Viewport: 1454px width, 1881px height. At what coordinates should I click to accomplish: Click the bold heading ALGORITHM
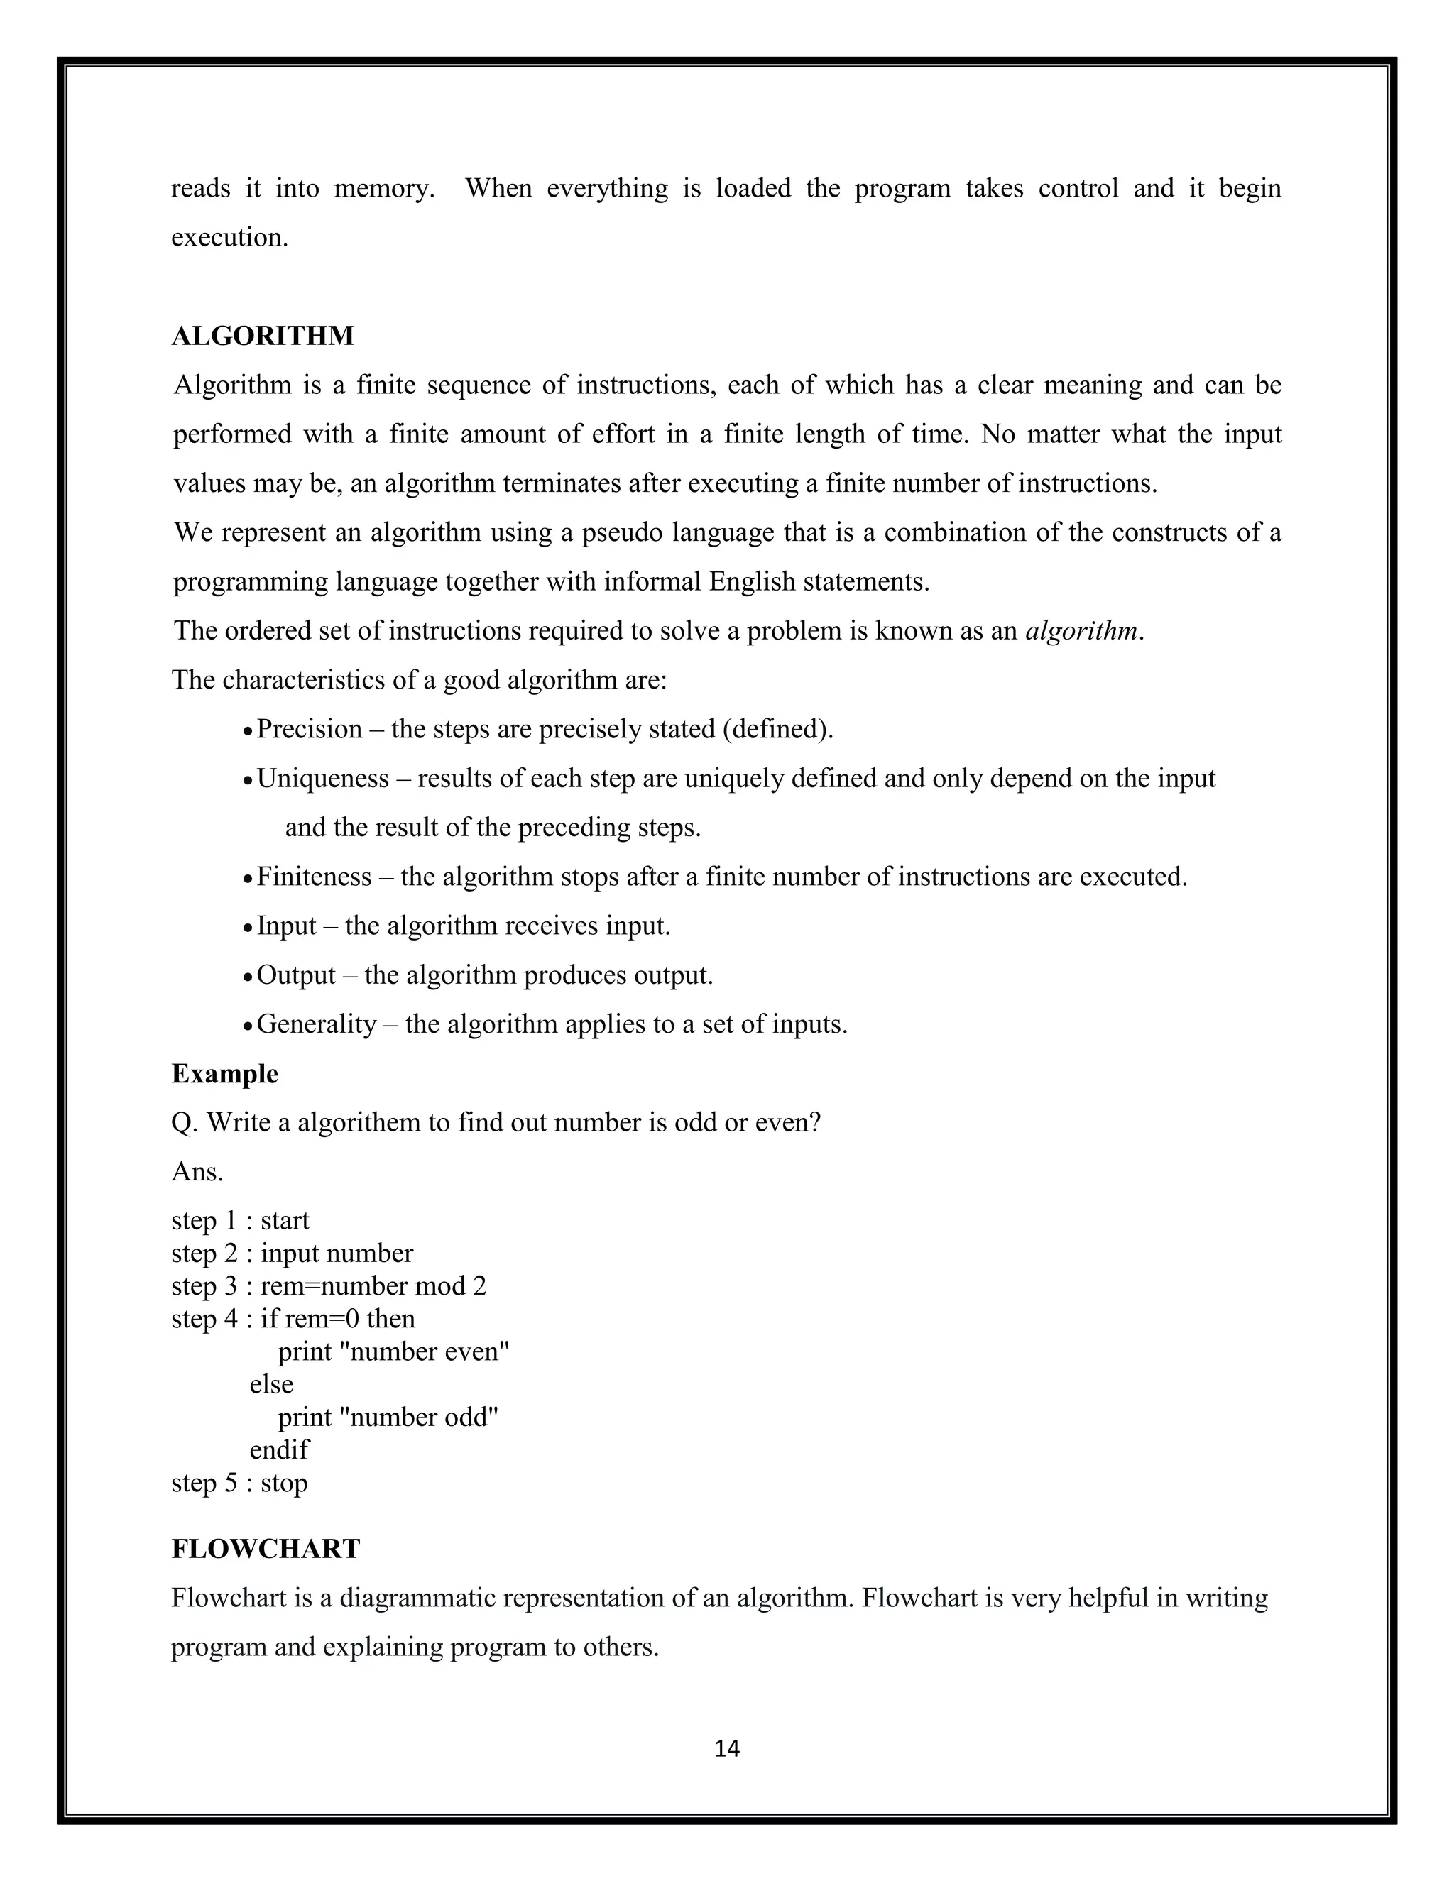pyautogui.click(x=263, y=335)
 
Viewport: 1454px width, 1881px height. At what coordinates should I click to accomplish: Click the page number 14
pyautogui.click(x=727, y=1748)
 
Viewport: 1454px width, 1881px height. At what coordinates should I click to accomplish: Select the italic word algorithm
pyautogui.click(x=1081, y=630)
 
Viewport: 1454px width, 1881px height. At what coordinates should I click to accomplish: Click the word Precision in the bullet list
pyautogui.click(x=310, y=729)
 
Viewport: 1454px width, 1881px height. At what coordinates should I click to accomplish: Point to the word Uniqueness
pyautogui.click(x=323, y=778)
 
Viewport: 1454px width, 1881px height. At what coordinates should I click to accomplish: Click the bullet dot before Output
pyautogui.click(x=247, y=977)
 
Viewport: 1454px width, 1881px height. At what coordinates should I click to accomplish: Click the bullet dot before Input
pyautogui.click(x=247, y=928)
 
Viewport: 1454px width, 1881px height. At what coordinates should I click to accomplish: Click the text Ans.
pyautogui.click(x=197, y=1171)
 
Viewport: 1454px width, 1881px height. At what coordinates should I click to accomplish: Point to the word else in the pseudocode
pyautogui.click(x=271, y=1384)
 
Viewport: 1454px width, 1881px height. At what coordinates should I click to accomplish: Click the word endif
pyautogui.click(x=278, y=1449)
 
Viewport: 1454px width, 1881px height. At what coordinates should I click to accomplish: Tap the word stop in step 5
pyautogui.click(x=283, y=1483)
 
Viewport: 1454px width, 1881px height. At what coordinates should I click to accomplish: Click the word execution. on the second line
pyautogui.click(x=229, y=237)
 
